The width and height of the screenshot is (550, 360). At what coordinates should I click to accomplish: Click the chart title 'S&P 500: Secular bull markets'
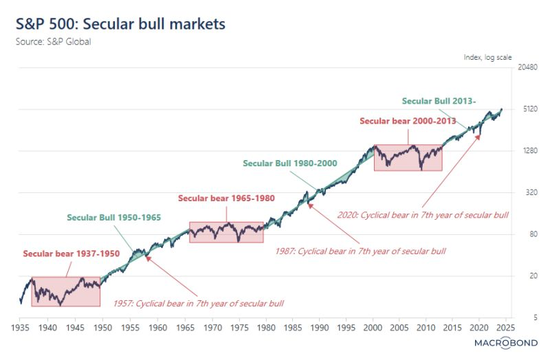120,24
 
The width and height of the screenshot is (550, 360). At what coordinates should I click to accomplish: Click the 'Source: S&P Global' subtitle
53,41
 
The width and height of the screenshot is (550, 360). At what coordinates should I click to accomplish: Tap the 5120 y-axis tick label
526,109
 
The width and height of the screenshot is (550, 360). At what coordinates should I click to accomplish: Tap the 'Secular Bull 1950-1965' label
114,217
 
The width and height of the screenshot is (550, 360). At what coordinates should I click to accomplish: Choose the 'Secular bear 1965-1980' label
226,198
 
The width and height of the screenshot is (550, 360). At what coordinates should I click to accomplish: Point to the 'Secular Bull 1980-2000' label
289,164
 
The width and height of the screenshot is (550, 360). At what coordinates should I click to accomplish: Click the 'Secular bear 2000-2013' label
408,121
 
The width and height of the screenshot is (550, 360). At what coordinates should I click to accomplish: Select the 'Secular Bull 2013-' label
439,101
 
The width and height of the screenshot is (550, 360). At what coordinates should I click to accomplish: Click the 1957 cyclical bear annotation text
199,303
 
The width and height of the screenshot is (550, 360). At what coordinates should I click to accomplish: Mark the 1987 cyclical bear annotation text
360,251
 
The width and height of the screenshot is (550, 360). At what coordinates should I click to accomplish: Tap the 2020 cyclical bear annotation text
423,214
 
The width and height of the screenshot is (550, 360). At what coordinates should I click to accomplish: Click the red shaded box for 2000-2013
408,157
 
